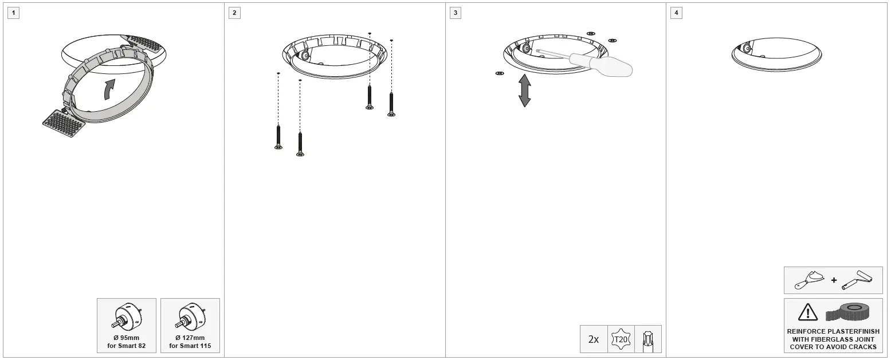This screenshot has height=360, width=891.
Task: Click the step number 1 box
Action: [x=13, y=13]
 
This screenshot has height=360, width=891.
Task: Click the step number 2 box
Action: [x=234, y=13]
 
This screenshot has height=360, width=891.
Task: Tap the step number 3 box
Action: [x=455, y=13]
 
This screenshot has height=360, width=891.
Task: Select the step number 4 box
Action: [x=676, y=13]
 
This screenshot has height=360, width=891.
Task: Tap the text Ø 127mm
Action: [x=190, y=338]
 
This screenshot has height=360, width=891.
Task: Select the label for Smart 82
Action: [x=126, y=346]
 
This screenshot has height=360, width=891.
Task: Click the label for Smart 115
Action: [x=190, y=346]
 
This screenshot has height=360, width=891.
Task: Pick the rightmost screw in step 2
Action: [x=391, y=104]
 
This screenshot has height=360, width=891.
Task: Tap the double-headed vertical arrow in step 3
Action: [x=524, y=91]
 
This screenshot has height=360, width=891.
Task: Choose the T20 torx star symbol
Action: [x=620, y=339]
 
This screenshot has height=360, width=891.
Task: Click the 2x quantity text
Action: [x=594, y=339]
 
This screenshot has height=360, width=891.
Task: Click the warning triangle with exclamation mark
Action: [x=807, y=312]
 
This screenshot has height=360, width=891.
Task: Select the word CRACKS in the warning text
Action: [x=863, y=347]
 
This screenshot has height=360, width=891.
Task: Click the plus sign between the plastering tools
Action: [x=834, y=280]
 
